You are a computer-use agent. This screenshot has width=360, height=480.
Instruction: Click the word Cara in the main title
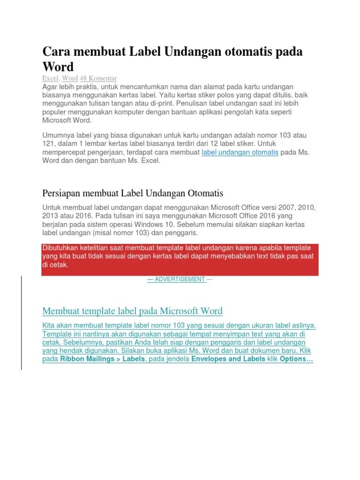[56, 52]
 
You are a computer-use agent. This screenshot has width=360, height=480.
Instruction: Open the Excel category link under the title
[50, 78]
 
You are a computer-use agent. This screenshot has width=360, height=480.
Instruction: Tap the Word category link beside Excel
[70, 78]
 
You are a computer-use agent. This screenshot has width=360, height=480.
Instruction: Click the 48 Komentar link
[98, 78]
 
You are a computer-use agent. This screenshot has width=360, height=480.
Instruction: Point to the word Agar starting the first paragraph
[50, 87]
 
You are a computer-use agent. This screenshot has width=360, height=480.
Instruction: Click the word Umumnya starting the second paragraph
[59, 135]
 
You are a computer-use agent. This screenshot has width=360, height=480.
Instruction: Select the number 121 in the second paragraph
[48, 144]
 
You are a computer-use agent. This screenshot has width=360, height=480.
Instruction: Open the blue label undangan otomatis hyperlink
[240, 152]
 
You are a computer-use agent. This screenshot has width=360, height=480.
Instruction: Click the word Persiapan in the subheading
[62, 193]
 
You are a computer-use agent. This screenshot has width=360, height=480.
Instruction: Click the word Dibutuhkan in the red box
[61, 248]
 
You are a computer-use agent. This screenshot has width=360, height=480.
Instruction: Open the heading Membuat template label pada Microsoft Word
[132, 311]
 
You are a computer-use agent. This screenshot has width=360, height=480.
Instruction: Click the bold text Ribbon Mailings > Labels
[103, 359]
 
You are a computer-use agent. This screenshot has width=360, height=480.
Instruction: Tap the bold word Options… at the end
[296, 359]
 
